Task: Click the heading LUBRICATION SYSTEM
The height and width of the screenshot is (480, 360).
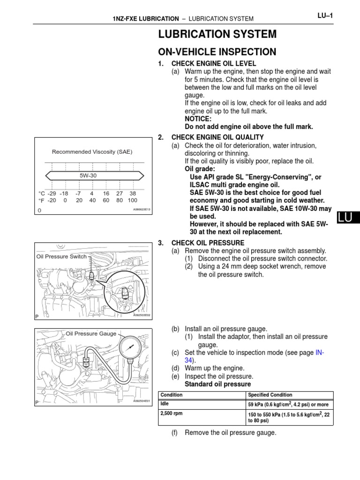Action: coord(217,34)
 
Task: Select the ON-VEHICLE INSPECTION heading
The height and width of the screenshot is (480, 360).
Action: coord(217,52)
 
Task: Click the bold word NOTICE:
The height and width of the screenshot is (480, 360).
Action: coord(198,119)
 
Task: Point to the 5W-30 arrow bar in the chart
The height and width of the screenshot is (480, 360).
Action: coord(94,175)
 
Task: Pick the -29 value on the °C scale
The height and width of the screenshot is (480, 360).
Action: coord(52,193)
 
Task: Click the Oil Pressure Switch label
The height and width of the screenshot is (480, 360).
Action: coord(61,256)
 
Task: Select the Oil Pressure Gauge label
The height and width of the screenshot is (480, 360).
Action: coord(91,333)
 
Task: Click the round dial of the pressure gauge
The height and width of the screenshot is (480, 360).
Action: coord(132,348)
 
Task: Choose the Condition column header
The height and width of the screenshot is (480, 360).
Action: coord(172,395)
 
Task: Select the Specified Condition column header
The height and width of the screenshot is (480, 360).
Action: coord(270,395)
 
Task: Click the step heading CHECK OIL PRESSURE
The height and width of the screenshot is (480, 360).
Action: coord(208,243)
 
